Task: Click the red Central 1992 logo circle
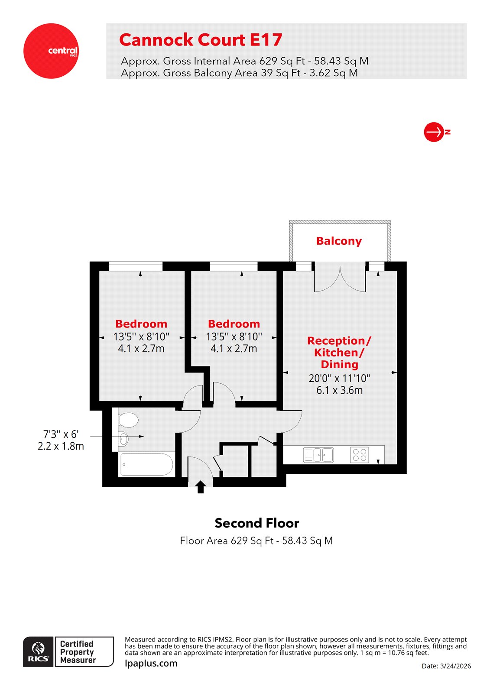(x=51, y=51)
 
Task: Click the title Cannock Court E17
(x=201, y=40)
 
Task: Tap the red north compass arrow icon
(x=434, y=132)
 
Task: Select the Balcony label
(x=339, y=241)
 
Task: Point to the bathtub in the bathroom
(x=146, y=464)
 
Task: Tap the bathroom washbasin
(x=123, y=439)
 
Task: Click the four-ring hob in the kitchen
(x=360, y=455)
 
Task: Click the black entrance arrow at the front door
(x=200, y=487)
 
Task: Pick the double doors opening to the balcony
(x=340, y=280)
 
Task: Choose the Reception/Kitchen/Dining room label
(x=339, y=353)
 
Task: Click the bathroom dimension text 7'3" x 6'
(x=61, y=434)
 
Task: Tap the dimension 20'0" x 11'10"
(x=339, y=378)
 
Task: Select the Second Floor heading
(x=256, y=523)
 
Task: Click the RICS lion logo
(x=39, y=651)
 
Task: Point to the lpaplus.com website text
(x=151, y=664)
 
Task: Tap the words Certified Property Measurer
(x=78, y=652)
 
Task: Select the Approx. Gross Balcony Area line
(x=239, y=73)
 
